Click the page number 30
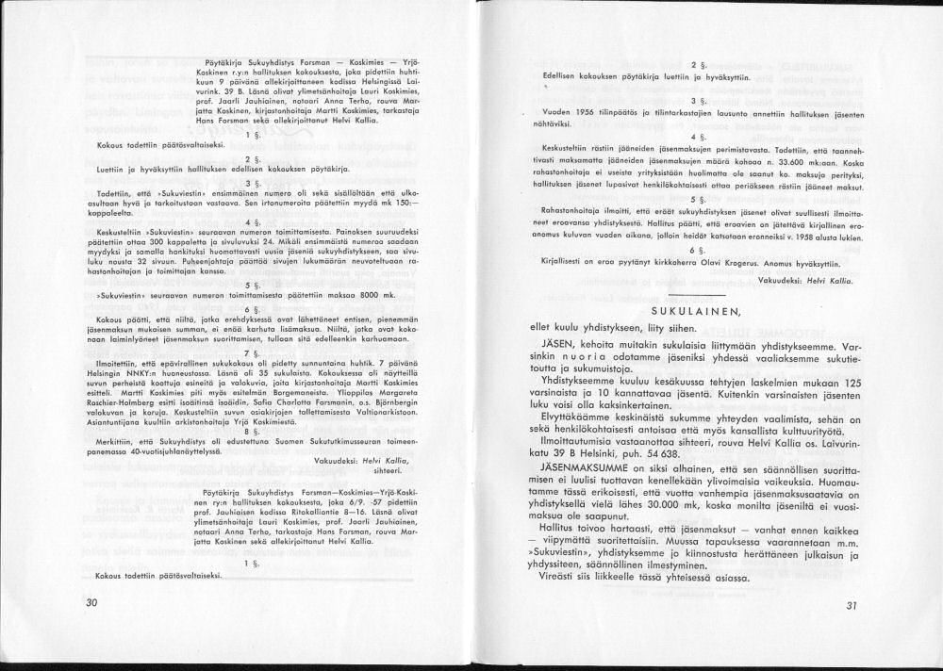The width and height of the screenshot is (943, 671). pyautogui.click(x=91, y=602)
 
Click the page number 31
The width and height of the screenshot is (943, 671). pyautogui.click(x=852, y=606)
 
